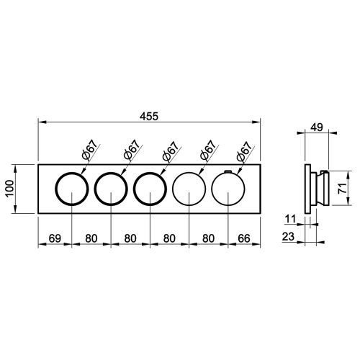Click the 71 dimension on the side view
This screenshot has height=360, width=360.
[x=345, y=189]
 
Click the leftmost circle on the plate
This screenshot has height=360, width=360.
[x=73, y=189]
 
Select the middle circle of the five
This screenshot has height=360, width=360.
[x=150, y=189]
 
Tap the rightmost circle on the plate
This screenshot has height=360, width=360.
[x=228, y=189]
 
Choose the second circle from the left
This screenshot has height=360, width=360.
[x=112, y=189]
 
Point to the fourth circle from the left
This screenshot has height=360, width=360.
[x=189, y=189]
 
